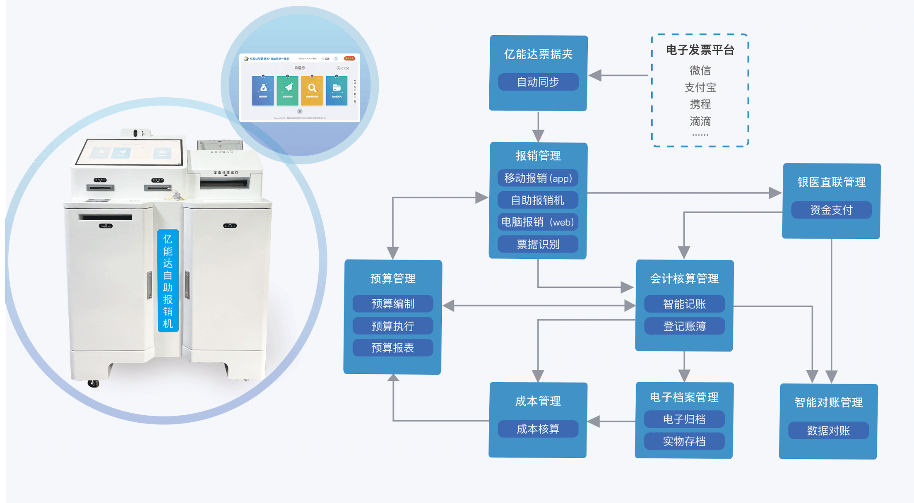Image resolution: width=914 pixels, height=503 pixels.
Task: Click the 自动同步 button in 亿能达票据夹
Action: click(538, 82)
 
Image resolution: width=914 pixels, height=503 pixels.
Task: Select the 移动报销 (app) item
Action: click(538, 178)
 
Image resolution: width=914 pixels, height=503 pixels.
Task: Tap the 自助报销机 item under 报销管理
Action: click(538, 200)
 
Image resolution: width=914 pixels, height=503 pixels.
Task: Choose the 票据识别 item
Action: click(538, 244)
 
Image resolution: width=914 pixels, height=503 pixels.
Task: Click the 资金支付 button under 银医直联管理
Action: click(831, 210)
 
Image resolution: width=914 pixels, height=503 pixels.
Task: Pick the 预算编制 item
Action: click(393, 304)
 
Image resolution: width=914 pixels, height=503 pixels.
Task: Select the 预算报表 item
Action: click(393, 348)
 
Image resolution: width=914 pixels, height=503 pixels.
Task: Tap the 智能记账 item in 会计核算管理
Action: click(684, 304)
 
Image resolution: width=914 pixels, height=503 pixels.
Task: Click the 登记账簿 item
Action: click(684, 326)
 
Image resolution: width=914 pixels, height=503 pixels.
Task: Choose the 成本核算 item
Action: click(538, 429)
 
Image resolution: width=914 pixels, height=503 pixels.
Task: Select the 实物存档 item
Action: click(684, 441)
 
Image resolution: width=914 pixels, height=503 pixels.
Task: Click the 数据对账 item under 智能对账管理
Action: click(828, 431)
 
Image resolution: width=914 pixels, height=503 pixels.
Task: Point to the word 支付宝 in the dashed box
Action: click(700, 87)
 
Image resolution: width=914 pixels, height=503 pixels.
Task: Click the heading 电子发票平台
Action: click(700, 50)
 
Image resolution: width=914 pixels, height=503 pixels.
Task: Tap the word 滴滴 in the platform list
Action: click(700, 121)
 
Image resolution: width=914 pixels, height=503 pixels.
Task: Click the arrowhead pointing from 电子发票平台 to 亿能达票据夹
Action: click(595, 75)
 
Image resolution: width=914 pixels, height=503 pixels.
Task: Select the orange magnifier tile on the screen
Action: click(312, 90)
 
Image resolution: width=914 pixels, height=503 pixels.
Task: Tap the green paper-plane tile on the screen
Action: click(288, 90)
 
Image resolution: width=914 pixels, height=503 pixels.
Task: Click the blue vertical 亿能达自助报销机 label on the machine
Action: click(168, 281)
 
